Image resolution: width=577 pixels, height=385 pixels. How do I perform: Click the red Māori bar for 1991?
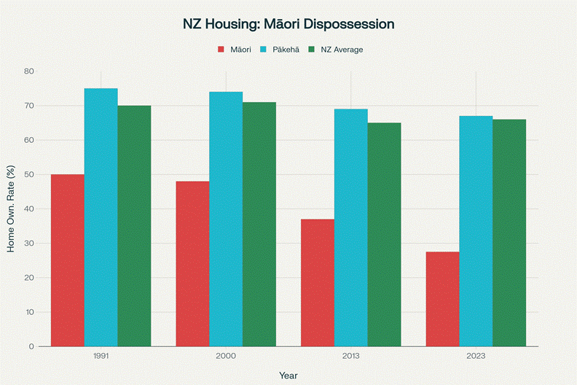coord(68,260)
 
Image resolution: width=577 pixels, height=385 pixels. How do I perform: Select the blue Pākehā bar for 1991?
coord(101,217)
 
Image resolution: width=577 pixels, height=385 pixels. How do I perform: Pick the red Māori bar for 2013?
coord(318,282)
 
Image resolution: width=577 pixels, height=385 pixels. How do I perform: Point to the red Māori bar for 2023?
coord(442,299)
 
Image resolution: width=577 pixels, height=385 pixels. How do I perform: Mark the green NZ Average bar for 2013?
coord(384,234)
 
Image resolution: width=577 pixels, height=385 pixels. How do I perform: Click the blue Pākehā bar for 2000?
coord(226,219)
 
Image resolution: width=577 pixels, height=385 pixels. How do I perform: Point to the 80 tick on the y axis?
coord(28,71)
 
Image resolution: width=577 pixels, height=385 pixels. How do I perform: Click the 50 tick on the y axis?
coord(28,175)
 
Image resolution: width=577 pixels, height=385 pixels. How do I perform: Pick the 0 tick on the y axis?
coord(31,346)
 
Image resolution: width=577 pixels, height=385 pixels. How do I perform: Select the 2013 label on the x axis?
coord(351,357)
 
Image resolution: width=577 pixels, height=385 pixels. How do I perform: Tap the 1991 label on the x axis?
coord(101,357)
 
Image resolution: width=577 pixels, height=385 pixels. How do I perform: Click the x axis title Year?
coord(288,375)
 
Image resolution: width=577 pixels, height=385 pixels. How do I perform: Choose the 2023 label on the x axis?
coord(476,357)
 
